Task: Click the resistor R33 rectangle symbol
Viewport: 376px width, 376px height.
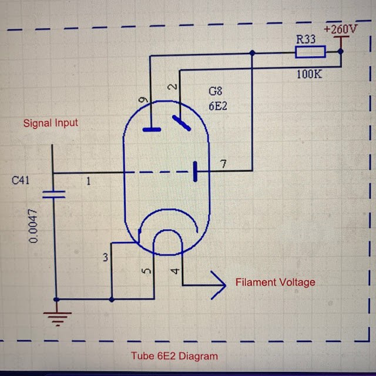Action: click(310, 53)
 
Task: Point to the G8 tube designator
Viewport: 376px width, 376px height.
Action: click(216, 92)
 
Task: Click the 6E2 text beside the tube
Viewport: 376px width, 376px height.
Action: click(217, 108)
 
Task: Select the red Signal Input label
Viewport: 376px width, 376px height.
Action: click(51, 123)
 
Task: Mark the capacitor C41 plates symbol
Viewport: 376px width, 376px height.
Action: click(53, 195)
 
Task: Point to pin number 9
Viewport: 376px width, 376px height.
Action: click(143, 100)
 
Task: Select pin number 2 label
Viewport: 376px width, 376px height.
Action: click(172, 87)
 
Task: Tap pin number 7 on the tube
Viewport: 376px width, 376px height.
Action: click(222, 163)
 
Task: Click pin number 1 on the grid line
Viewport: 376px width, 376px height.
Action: click(89, 182)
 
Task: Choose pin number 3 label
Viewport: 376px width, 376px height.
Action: click(105, 257)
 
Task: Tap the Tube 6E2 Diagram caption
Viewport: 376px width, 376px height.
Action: click(174, 356)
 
